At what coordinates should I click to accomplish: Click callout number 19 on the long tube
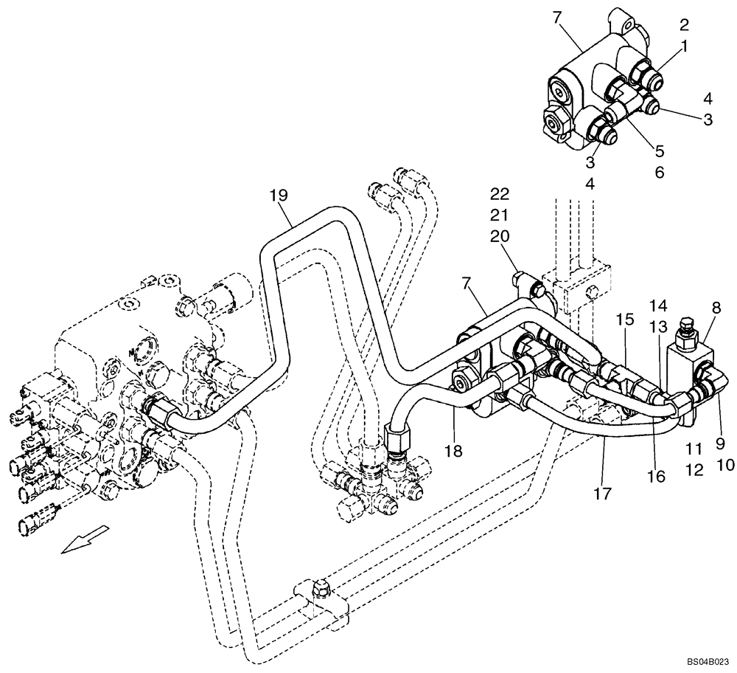tap(278, 196)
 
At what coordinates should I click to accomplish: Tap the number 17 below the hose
tap(603, 493)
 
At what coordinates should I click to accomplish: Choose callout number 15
tap(625, 320)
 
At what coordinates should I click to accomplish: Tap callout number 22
tap(499, 194)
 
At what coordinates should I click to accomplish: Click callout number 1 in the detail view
tap(685, 46)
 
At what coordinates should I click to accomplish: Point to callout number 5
tap(659, 151)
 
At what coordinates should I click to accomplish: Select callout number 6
tap(659, 172)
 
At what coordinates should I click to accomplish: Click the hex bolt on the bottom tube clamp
tap(321, 587)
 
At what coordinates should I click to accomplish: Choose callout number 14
tap(658, 305)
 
